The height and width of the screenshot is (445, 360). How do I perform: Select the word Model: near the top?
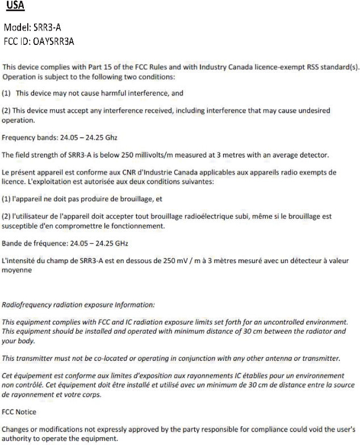tap(18, 27)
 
